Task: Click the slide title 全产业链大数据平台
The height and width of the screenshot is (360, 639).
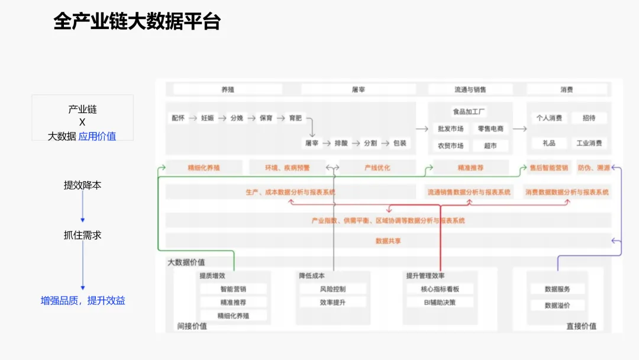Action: point(137,21)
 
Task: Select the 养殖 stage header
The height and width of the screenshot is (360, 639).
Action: point(228,89)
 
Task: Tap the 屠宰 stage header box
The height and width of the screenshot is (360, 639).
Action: point(359,89)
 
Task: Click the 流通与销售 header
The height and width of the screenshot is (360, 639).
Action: point(470,89)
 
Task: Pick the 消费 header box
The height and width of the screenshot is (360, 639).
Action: point(567,89)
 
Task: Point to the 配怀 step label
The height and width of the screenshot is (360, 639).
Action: point(178,118)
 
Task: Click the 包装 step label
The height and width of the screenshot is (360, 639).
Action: point(400,143)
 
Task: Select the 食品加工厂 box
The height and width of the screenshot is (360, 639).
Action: point(470,112)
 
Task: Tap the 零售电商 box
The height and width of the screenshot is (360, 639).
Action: point(490,128)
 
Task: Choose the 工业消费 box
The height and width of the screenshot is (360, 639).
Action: point(589,143)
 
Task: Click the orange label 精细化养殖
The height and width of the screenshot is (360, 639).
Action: point(204,168)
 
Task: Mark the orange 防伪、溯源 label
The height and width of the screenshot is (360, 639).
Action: point(593,168)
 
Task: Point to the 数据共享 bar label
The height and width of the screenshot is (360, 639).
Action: point(388,241)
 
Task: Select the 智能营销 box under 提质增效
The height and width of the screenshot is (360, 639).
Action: point(233,290)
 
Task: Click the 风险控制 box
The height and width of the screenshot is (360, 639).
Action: point(332,290)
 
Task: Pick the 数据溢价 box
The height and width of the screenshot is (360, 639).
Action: point(550,306)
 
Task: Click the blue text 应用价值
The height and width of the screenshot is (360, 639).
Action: point(97,136)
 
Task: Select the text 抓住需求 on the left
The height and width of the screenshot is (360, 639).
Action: point(83,235)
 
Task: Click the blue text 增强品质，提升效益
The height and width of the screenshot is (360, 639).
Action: point(83,301)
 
